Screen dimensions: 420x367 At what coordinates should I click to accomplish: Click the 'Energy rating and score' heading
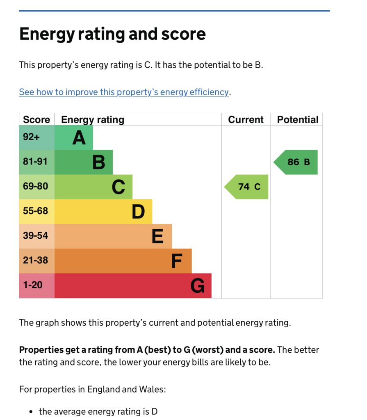pos(112,34)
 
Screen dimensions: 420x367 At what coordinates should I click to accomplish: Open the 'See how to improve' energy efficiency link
pos(123,92)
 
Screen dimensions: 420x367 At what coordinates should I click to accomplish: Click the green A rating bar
pos(74,137)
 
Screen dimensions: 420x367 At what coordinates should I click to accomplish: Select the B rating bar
pos(84,162)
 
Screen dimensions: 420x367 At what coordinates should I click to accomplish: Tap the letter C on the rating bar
pos(118,187)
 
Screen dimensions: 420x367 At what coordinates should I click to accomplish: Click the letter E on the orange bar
pos(157,237)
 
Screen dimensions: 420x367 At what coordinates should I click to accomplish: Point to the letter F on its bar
pos(176,261)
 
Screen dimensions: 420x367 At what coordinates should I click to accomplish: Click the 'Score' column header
pos(36,120)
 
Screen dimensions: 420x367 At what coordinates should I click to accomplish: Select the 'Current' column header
pos(246,120)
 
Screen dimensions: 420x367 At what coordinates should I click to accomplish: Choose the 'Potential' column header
pos(298,120)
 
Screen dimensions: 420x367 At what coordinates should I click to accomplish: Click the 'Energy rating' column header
pos(93,120)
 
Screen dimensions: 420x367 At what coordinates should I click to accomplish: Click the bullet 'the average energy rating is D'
pos(98,411)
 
